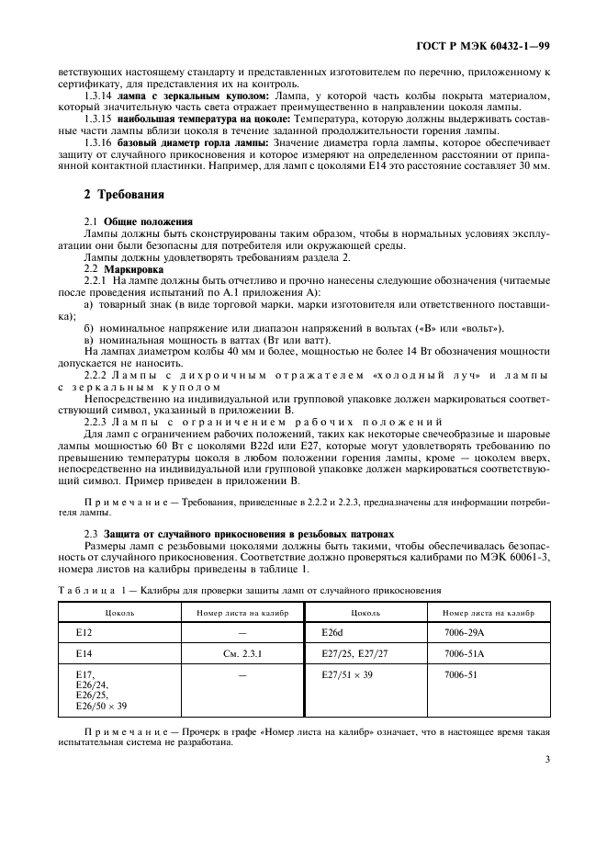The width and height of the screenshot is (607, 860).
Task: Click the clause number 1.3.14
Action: (x=99, y=96)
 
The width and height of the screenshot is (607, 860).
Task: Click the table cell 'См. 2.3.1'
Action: (x=242, y=654)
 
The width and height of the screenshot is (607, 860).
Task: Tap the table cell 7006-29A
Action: (x=465, y=633)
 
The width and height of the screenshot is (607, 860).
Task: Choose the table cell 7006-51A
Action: (x=465, y=654)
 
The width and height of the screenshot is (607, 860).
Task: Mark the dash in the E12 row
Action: (x=242, y=633)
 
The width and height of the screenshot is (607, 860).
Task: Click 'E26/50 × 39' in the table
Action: (x=101, y=706)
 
